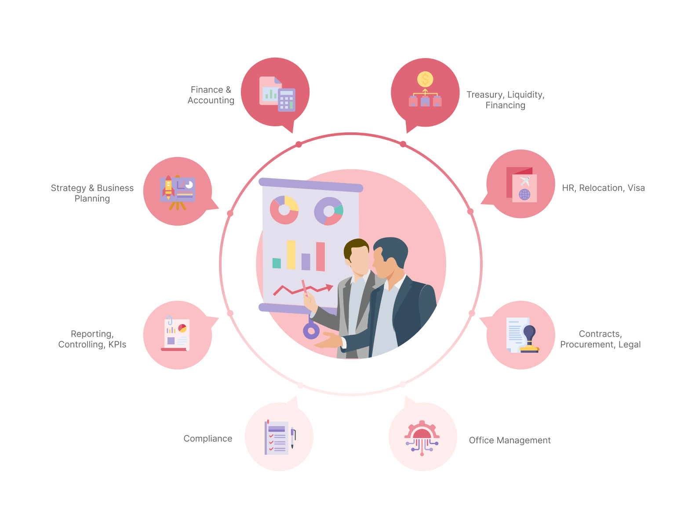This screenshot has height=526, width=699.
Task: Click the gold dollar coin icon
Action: pos(425,79)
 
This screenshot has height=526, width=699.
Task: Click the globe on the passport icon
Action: pos(524,194)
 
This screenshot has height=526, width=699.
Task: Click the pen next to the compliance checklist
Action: pos(293,438)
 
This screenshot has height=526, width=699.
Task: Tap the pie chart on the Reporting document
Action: pos(182,328)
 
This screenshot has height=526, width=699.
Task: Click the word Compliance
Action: pos(208,438)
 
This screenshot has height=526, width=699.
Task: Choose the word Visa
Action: pos(636,188)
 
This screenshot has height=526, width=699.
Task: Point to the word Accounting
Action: pos(211,100)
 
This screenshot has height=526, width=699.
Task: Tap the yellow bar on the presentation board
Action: pos(291,255)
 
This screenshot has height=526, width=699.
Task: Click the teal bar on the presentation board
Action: pos(277,263)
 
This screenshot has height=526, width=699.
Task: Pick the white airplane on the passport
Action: pos(524,181)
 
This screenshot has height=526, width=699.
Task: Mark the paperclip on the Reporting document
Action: pos(169,320)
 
